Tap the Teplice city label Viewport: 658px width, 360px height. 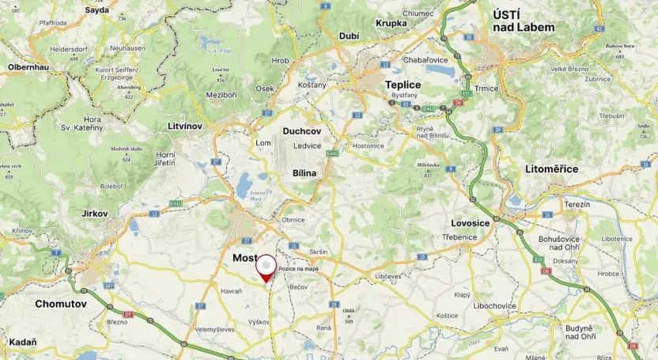click(403, 85)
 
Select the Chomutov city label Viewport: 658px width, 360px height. click(60, 303)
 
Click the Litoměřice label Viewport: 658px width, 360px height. click(551, 169)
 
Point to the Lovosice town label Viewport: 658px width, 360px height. click(470, 223)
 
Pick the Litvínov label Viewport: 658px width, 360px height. click(186, 126)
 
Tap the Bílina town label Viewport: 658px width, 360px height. click(304, 172)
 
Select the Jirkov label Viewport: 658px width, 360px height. click(95, 214)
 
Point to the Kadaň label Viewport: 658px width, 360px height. click(21, 342)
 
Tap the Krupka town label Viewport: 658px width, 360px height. click(391, 23)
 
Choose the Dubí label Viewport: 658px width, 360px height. click(349, 36)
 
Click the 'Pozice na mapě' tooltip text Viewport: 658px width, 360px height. click(299, 269)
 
